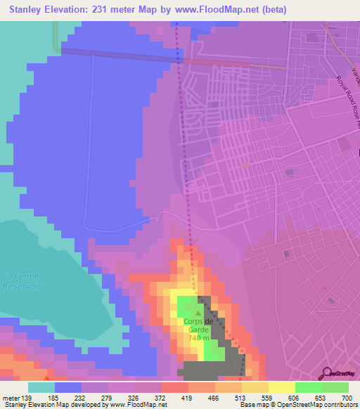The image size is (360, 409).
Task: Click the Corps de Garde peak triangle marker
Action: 198,313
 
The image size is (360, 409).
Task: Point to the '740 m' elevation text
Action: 198,338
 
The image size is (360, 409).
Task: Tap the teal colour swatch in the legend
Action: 41,387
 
